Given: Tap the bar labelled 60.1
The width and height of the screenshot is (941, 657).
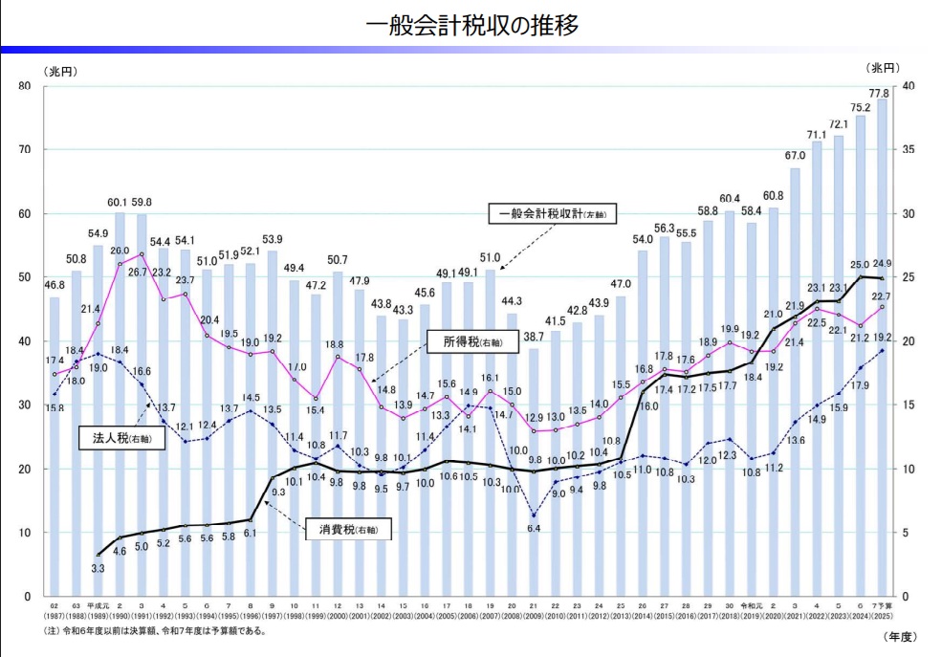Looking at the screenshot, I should (x=120, y=402).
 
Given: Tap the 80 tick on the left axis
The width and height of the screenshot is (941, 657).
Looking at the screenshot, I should (x=25, y=86).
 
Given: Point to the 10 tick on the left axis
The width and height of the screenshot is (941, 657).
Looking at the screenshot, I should (x=25, y=533).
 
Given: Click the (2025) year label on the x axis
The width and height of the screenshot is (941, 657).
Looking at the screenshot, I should (x=882, y=615).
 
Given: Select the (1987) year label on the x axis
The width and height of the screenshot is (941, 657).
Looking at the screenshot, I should (x=55, y=615).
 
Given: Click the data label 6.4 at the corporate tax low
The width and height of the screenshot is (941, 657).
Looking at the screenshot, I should (x=535, y=529).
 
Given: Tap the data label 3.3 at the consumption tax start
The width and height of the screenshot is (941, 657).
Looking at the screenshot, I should (x=98, y=568).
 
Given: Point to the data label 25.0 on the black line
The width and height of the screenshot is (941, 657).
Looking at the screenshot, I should (x=860, y=264).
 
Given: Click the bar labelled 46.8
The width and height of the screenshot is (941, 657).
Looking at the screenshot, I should (x=55, y=446).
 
